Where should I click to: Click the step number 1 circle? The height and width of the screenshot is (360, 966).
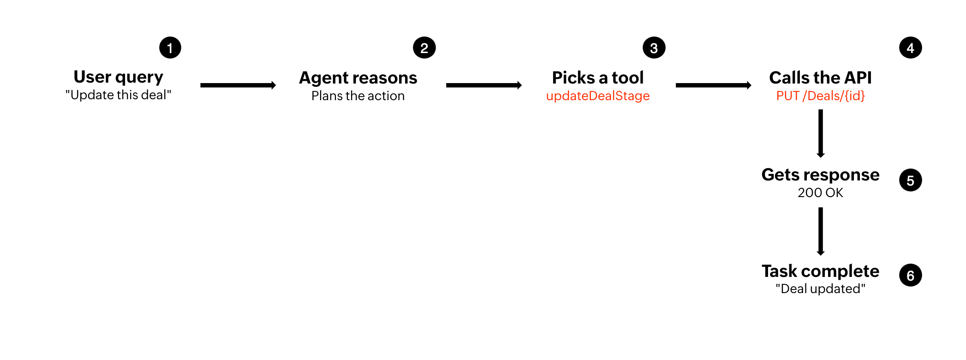[170, 48]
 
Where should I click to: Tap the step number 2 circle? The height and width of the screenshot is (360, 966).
[424, 48]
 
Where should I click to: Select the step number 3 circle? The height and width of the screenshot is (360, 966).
[654, 48]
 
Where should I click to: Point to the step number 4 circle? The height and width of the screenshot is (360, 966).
[911, 48]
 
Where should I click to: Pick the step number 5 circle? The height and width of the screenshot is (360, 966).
[911, 180]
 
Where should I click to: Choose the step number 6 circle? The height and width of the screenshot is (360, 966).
[911, 276]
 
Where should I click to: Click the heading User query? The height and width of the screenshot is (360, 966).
[119, 77]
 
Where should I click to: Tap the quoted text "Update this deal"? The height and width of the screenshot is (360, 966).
[119, 96]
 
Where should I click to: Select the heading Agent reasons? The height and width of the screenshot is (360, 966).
[358, 78]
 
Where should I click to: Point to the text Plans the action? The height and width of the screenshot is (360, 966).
[358, 96]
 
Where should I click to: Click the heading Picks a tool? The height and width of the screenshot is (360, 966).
[598, 78]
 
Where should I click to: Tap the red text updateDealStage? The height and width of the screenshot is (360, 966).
[598, 96]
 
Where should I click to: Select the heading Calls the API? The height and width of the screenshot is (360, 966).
[820, 78]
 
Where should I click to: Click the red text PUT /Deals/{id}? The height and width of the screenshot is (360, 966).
[820, 96]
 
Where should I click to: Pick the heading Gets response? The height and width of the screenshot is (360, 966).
[820, 175]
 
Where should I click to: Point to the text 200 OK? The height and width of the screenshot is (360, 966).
[820, 192]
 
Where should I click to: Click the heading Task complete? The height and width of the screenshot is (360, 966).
[820, 271]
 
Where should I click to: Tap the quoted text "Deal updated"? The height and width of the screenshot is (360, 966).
[820, 289]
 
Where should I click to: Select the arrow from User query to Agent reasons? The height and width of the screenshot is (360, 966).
[238, 85]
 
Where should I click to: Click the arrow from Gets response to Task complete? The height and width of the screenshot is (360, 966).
[820, 231]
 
